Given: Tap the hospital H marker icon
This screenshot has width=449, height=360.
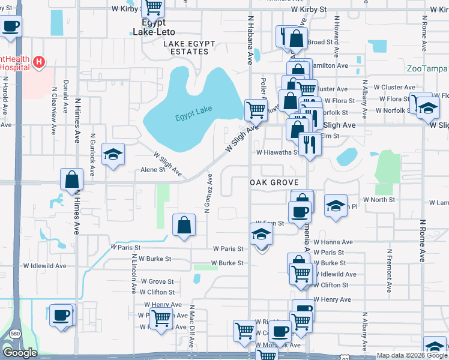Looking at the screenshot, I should (x=40, y=61).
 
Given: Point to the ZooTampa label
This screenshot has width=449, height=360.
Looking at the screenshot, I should (x=427, y=68).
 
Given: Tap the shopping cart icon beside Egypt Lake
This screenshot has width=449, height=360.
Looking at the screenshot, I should (x=256, y=109).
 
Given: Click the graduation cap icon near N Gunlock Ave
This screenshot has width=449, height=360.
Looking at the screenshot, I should (x=112, y=154).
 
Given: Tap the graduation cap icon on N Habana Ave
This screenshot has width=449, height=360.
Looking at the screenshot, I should (x=261, y=234).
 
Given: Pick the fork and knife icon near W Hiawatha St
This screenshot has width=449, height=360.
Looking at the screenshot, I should (x=310, y=144).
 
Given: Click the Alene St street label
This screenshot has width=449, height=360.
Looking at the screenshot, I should (x=152, y=170).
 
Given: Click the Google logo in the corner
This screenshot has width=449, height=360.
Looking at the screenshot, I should (x=20, y=353).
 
